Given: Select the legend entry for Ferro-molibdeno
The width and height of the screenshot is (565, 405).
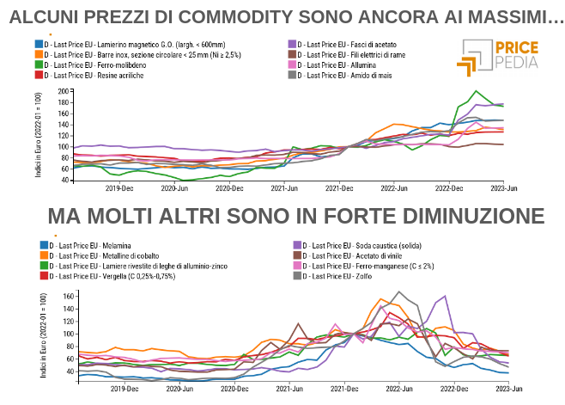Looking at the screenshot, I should coord(87,64).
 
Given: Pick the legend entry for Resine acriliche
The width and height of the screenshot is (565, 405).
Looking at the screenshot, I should coord(86,76).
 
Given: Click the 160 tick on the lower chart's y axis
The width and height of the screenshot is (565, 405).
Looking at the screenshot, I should coord(69,296).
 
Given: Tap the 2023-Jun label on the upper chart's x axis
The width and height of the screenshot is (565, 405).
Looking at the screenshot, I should coord(503,187).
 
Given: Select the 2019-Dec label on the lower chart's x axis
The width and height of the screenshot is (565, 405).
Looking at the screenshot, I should coord(125,389).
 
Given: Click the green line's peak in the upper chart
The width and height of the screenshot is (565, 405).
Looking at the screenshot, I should coord(477,91).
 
